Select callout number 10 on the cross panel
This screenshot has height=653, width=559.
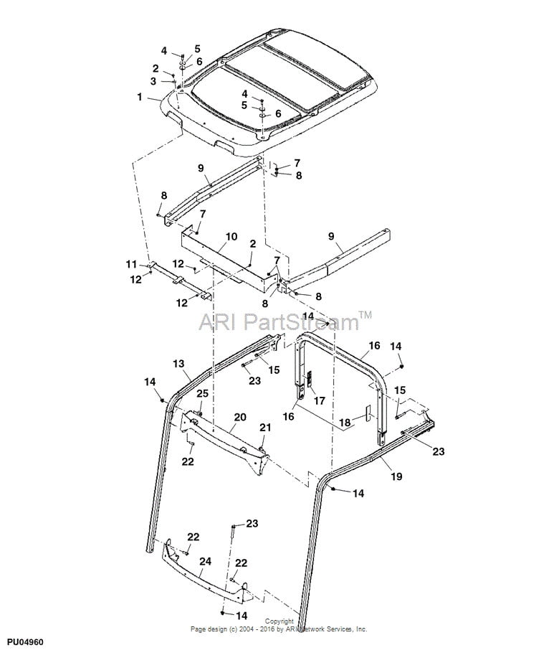[x=231, y=236]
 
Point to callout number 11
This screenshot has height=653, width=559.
[x=131, y=265]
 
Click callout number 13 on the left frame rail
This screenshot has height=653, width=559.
[x=179, y=365]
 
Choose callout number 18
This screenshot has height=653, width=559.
[x=345, y=423]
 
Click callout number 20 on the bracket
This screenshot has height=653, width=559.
[x=239, y=417]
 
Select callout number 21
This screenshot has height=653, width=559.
[x=265, y=428]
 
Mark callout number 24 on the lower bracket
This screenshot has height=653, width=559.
[x=205, y=563]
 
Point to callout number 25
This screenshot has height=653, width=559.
[x=202, y=394]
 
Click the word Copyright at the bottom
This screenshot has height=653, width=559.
[x=279, y=621]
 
